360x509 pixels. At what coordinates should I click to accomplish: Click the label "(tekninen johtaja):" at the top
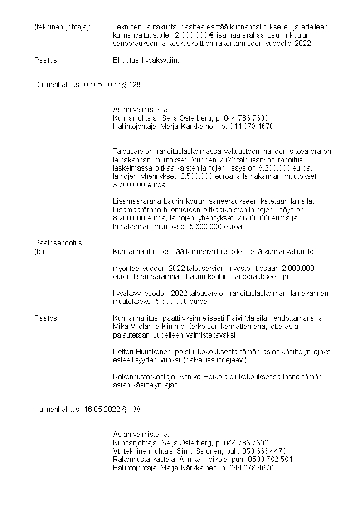[63, 27]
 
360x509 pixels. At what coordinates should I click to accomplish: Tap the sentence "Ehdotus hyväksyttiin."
[146, 60]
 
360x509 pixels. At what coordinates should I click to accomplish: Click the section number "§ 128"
[131, 85]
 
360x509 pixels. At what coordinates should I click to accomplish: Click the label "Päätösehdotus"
[58, 243]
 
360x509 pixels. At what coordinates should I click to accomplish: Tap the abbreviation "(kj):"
[40, 251]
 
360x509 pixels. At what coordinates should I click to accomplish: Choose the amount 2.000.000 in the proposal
[298, 268]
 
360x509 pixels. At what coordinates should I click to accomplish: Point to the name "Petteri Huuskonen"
[141, 352]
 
